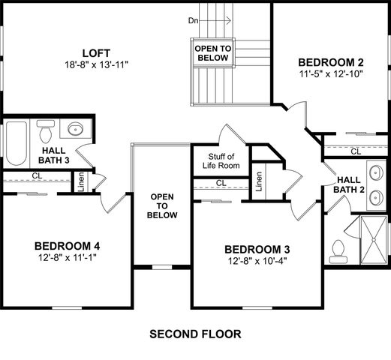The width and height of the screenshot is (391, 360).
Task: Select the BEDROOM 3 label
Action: (x=257, y=249)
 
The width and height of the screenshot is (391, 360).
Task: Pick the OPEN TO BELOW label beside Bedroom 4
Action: (x=163, y=205)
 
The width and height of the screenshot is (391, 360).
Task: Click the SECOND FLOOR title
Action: (x=195, y=333)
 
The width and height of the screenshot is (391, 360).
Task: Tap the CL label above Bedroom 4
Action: (x=36, y=176)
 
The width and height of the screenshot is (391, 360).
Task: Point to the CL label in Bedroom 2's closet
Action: (x=356, y=151)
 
